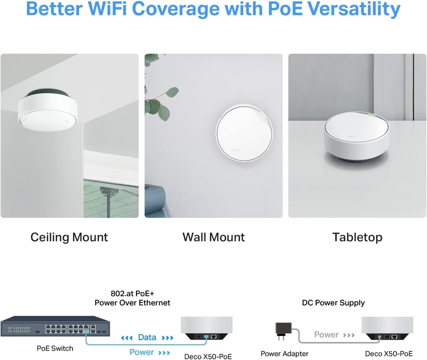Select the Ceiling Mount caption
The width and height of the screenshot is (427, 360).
tap(69, 237)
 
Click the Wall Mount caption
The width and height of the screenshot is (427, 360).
tap(213, 237)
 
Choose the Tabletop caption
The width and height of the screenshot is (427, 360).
tap(357, 237)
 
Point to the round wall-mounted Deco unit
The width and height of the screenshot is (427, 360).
tap(245, 132)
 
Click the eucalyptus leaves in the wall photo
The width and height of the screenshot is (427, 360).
tap(158, 100)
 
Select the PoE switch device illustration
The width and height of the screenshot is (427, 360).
tap(55, 326)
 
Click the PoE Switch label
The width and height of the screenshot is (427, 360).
tap(55, 348)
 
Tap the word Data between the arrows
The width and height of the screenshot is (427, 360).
tap(147, 337)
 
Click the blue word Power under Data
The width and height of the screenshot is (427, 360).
tap(142, 352)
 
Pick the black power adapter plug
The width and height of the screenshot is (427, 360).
tap(281, 328)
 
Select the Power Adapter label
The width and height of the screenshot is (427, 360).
tap(284, 354)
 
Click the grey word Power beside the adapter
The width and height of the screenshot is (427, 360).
tap(326, 335)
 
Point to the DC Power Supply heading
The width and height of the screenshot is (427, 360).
tap(333, 303)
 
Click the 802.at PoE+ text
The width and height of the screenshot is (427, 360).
tap(132, 293)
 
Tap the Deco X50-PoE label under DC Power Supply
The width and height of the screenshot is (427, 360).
tap(389, 354)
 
